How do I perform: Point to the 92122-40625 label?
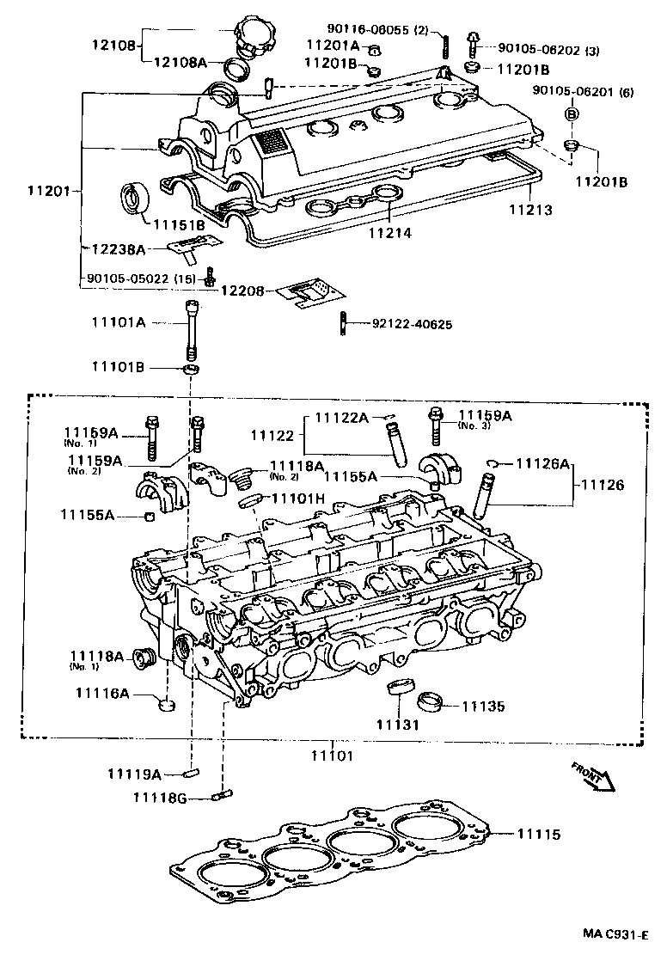[412, 324]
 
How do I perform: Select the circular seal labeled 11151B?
[133, 198]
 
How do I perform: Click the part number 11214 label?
[391, 232]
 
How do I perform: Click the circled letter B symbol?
[570, 113]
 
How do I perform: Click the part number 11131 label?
[397, 725]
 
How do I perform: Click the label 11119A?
[134, 773]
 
